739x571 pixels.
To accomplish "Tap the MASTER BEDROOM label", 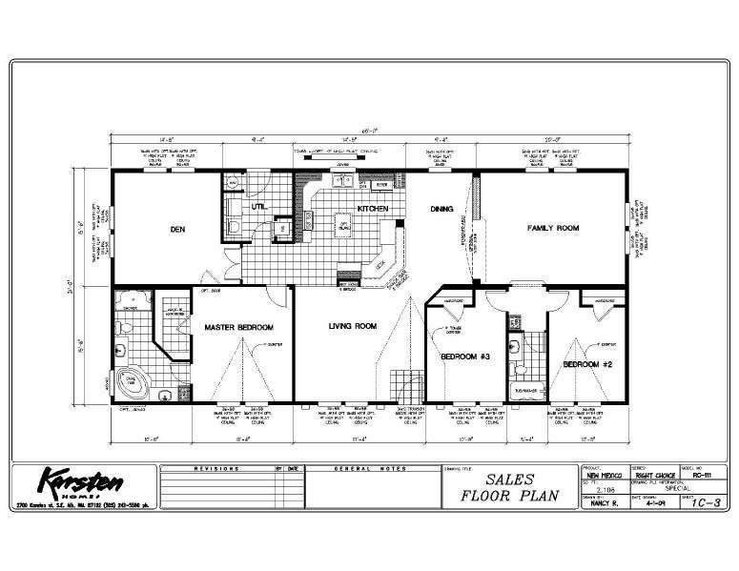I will pos(238,327).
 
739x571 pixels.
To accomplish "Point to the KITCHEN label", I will pos(372,208).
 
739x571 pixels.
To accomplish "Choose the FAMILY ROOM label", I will pos(555,229).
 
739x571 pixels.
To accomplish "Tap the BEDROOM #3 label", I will pos(464,357).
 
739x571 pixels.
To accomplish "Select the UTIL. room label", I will pos(258,206).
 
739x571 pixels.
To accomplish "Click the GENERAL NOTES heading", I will pos(369,469).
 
